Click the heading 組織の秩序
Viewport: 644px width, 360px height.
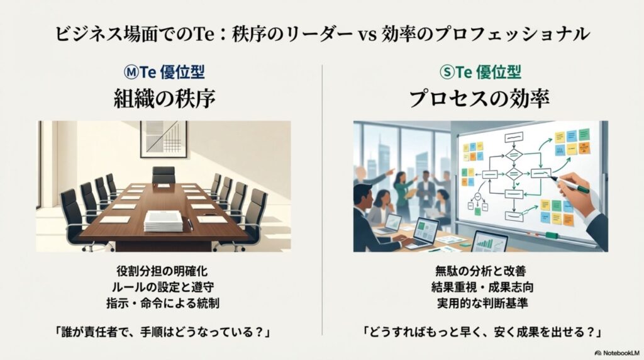[x=165, y=98]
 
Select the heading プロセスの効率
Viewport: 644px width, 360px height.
[x=479, y=98]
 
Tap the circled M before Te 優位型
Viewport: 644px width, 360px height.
[x=128, y=71]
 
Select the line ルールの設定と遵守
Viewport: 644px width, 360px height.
[x=164, y=287]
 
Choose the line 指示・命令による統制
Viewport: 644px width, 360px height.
[x=164, y=302]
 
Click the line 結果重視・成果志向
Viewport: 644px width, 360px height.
[x=479, y=287]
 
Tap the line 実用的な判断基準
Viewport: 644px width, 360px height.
[x=479, y=302]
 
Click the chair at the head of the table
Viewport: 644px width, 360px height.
[x=164, y=174]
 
